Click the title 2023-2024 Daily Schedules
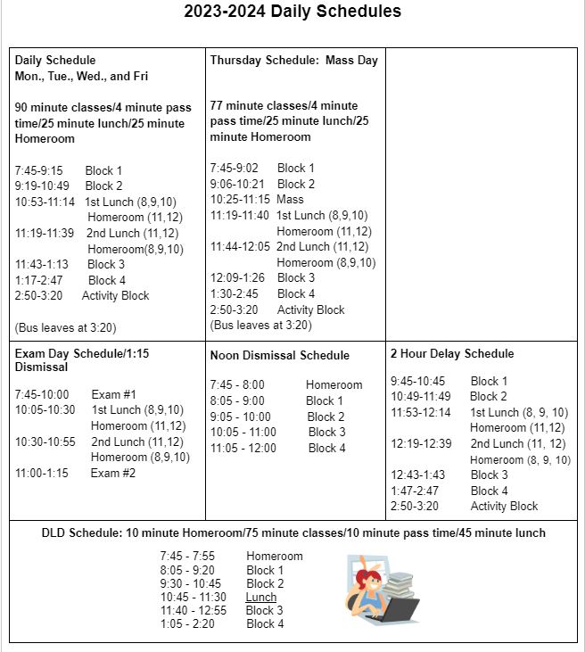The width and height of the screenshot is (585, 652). (x=292, y=12)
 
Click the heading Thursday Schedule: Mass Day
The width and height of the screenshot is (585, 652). (x=293, y=61)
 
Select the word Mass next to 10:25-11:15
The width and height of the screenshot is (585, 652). (x=290, y=200)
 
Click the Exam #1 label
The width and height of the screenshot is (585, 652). (x=113, y=394)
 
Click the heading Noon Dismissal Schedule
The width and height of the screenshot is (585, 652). (x=279, y=355)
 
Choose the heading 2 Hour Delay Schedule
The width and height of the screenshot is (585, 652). (x=451, y=353)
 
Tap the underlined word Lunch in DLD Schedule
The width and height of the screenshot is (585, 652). (x=261, y=597)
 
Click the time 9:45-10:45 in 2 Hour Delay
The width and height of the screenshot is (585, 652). (x=417, y=381)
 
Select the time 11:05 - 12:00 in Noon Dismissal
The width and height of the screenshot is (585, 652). (x=243, y=448)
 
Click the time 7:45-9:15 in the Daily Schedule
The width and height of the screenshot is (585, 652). (x=38, y=170)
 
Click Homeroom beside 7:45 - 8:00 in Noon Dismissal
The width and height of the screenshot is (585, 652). (x=334, y=385)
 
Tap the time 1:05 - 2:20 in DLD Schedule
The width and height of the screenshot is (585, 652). (x=187, y=623)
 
